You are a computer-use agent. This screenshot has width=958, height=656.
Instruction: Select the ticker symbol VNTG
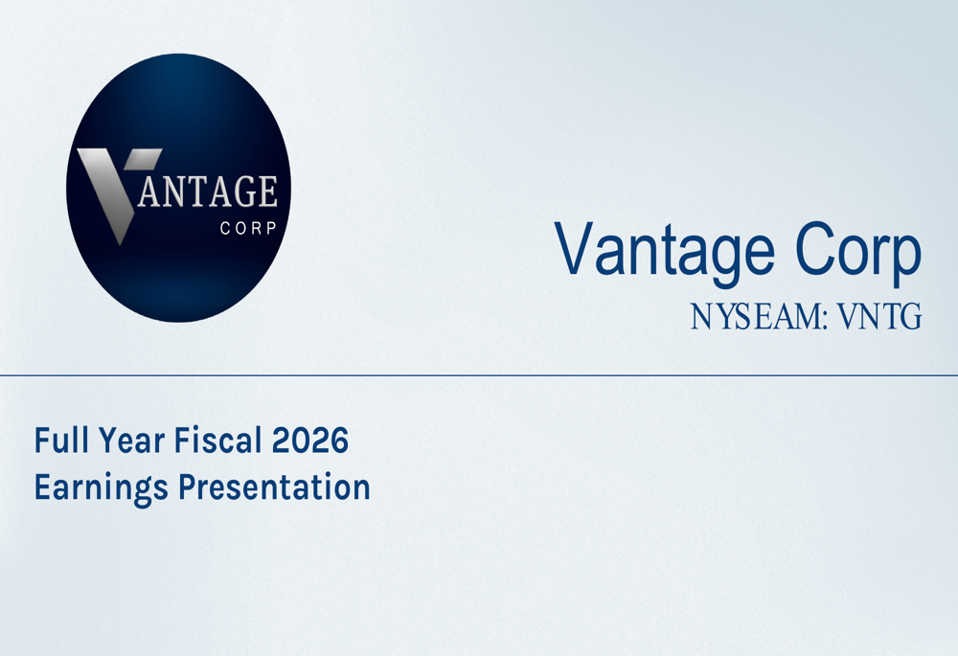pyautogui.click(x=879, y=317)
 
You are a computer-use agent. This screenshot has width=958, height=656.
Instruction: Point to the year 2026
pyautogui.click(x=309, y=440)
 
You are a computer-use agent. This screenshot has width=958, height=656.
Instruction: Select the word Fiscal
pyautogui.click(x=218, y=440)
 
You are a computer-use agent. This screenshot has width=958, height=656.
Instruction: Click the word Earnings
pyautogui.click(x=101, y=488)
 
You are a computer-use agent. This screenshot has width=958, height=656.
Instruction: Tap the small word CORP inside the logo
pyautogui.click(x=248, y=229)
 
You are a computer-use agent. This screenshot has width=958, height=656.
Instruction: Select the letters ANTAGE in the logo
pyautogui.click(x=208, y=192)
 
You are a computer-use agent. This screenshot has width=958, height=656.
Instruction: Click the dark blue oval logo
pyautogui.click(x=178, y=188)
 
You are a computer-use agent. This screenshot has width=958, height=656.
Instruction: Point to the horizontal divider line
pyautogui.click(x=479, y=375)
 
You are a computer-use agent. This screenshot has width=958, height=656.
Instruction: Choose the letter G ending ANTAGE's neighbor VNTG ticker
pyautogui.click(x=912, y=317)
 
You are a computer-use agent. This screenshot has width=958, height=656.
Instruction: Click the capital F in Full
pyautogui.click(x=41, y=441)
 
